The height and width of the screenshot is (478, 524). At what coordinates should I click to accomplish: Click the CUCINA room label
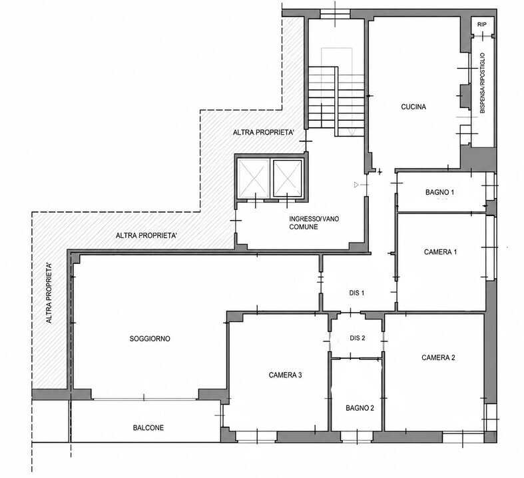pyautogui.click(x=413, y=107)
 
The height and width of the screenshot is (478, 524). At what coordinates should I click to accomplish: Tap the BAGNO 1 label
pyautogui.click(x=439, y=193)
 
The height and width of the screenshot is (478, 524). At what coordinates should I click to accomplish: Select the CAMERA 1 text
pyautogui.click(x=440, y=252)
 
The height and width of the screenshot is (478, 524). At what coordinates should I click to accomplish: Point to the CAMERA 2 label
pyautogui.click(x=438, y=357)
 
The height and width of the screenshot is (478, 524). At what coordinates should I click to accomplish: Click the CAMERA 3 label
pyautogui.click(x=285, y=375)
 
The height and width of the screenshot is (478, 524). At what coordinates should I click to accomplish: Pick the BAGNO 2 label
pyautogui.click(x=360, y=408)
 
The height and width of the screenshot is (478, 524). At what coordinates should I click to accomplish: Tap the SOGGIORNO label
pyautogui.click(x=150, y=339)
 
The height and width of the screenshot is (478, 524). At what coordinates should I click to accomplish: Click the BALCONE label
pyautogui.click(x=148, y=428)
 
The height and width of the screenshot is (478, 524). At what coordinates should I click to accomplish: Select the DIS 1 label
pyautogui.click(x=357, y=293)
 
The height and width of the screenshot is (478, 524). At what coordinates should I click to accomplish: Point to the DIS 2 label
pyautogui.click(x=358, y=338)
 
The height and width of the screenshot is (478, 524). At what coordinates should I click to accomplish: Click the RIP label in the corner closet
pyautogui.click(x=481, y=25)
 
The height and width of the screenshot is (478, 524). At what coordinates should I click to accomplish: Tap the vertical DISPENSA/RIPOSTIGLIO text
pyautogui.click(x=482, y=83)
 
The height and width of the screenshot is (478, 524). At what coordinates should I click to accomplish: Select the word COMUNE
pyautogui.click(x=304, y=227)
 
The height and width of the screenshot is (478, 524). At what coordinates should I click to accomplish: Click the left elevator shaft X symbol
pyautogui.click(x=253, y=179)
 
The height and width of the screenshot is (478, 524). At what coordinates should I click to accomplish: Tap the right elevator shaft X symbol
pyautogui.click(x=288, y=178)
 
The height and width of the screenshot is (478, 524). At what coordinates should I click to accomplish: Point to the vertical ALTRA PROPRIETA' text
pyautogui.click(x=49, y=293)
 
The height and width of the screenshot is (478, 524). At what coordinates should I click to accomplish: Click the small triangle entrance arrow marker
pyautogui.click(x=356, y=185)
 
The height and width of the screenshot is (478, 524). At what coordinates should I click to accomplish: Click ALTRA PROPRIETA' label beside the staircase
pyautogui.click(x=264, y=133)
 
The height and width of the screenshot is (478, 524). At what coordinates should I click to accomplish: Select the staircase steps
pyautogui.click(x=336, y=101)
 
